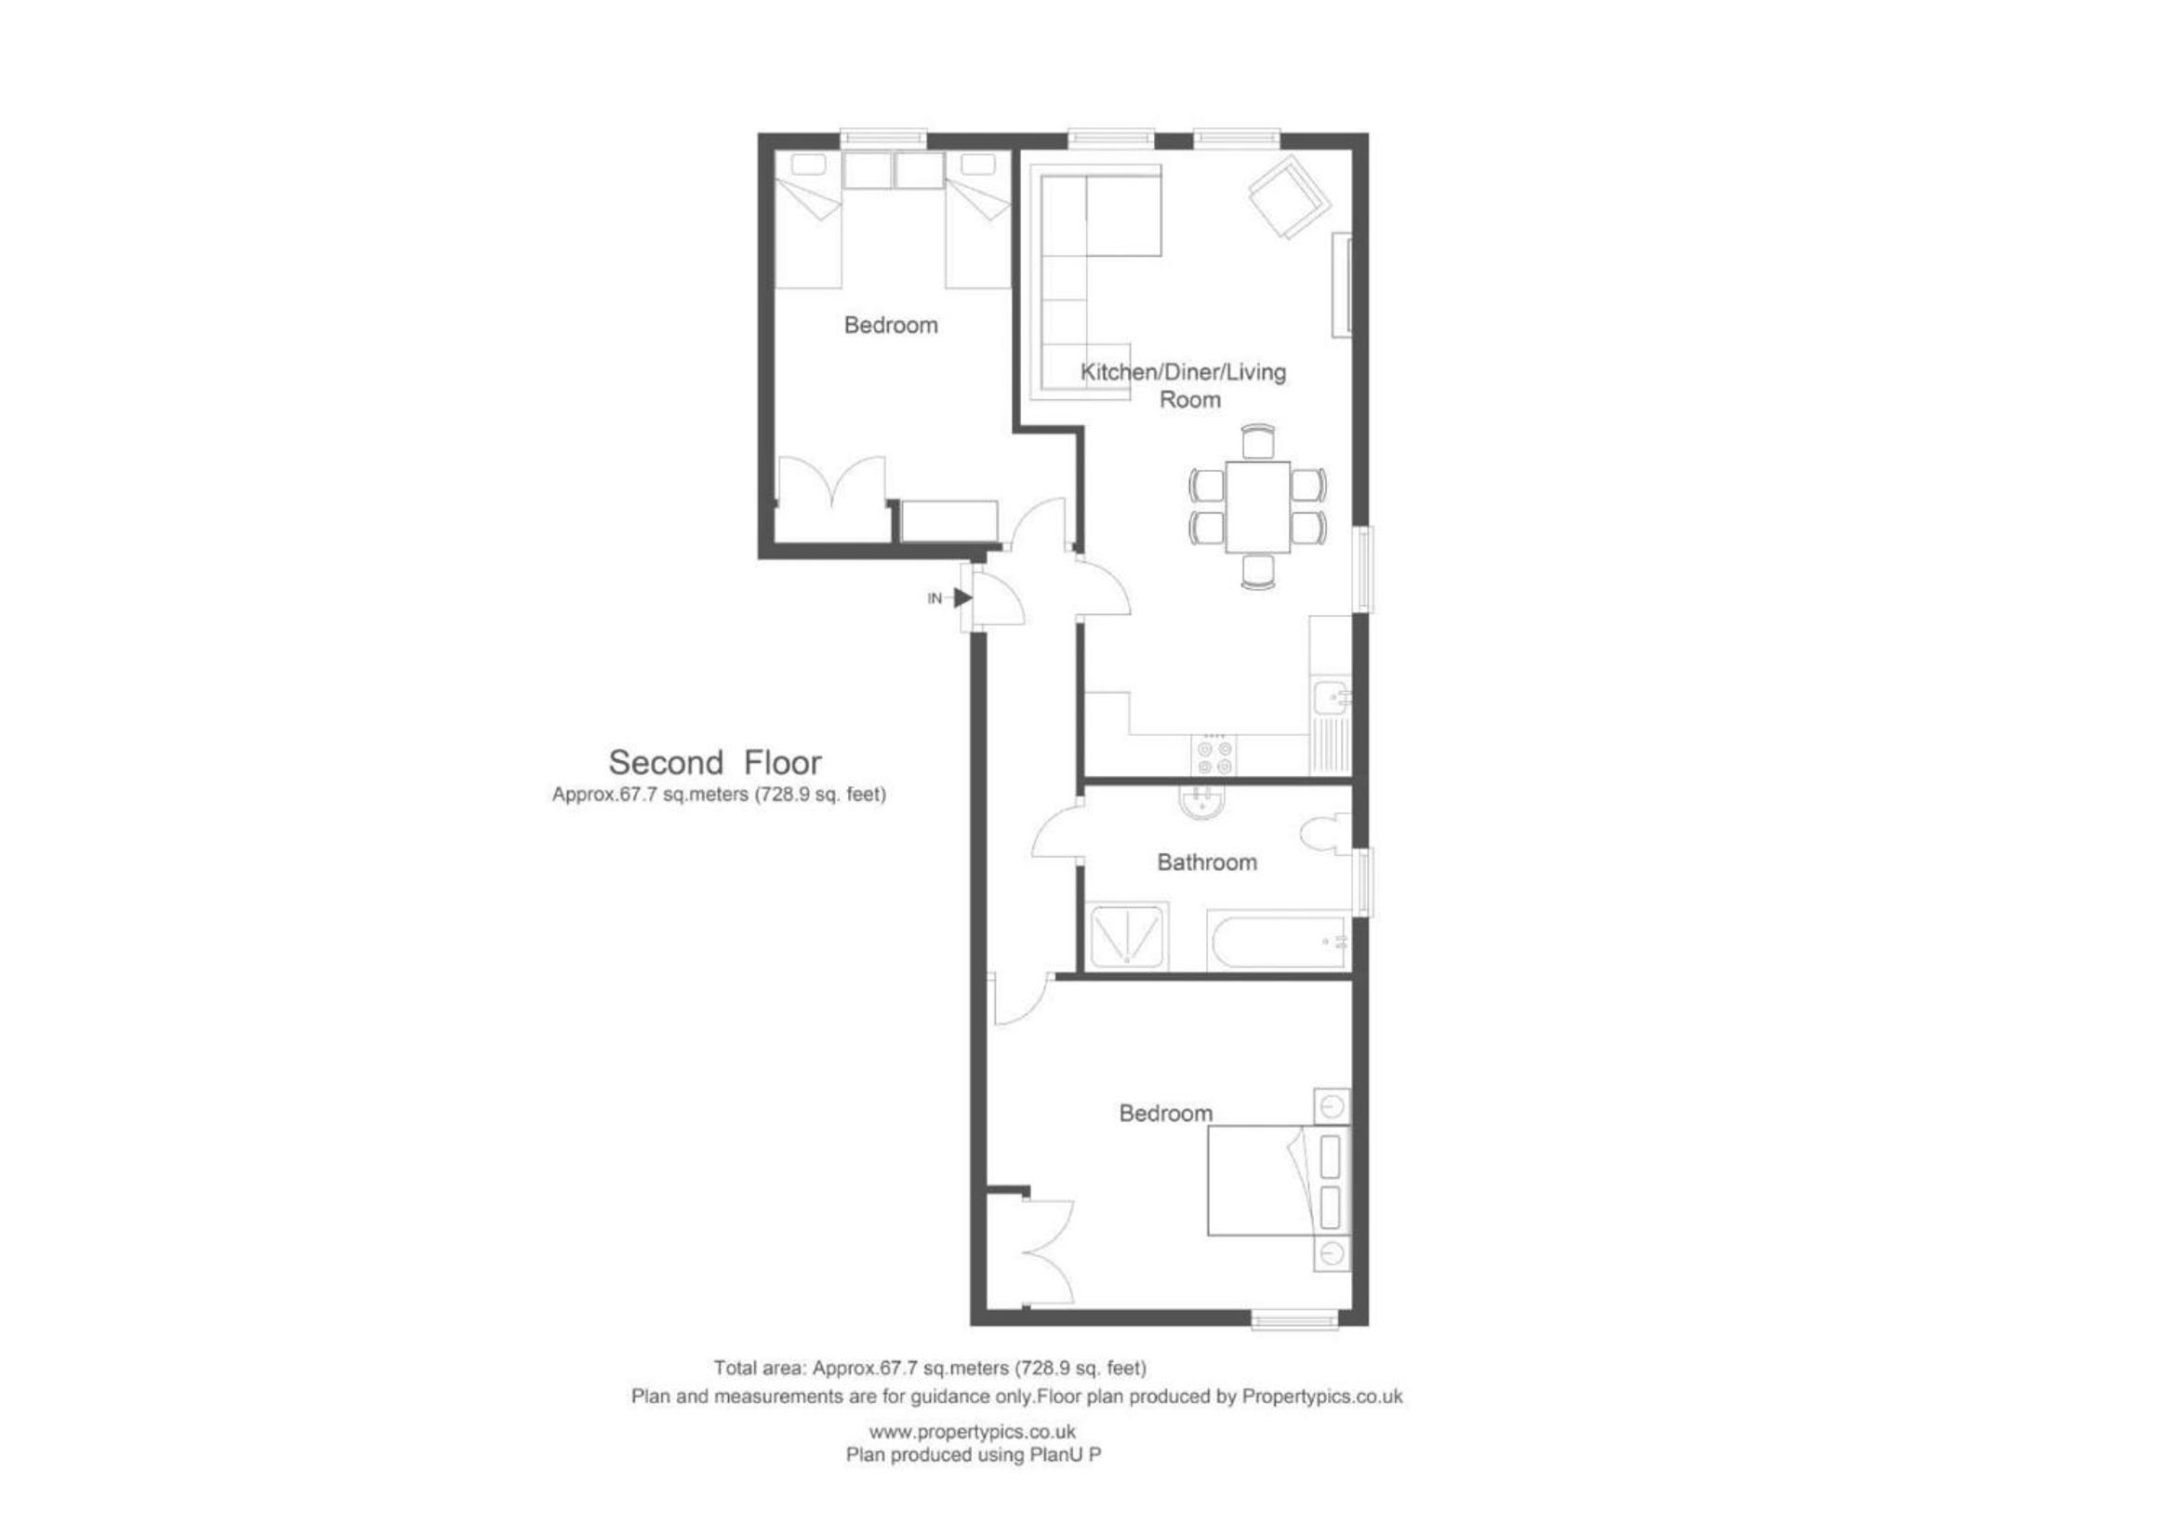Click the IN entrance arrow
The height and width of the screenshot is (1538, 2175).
coord(962,598)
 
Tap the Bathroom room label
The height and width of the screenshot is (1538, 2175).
coord(1207,863)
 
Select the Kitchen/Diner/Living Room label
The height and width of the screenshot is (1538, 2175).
coord(1184,385)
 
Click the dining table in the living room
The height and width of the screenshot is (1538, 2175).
coord(1258,507)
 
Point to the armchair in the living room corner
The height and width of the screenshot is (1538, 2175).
coord(1289,198)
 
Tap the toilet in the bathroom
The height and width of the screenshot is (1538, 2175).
coord(1325,834)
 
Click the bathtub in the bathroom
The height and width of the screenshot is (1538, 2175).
coord(1277,941)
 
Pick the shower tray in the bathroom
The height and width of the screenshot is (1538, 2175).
coord(1127,936)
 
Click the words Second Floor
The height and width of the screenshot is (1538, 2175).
coord(714,762)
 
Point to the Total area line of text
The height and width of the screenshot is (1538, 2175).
coord(929,1369)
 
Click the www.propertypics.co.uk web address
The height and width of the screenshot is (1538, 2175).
coord(972,1432)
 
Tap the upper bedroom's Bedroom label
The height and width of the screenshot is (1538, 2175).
coord(891,325)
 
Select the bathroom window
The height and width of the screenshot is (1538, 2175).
coord(1362,881)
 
